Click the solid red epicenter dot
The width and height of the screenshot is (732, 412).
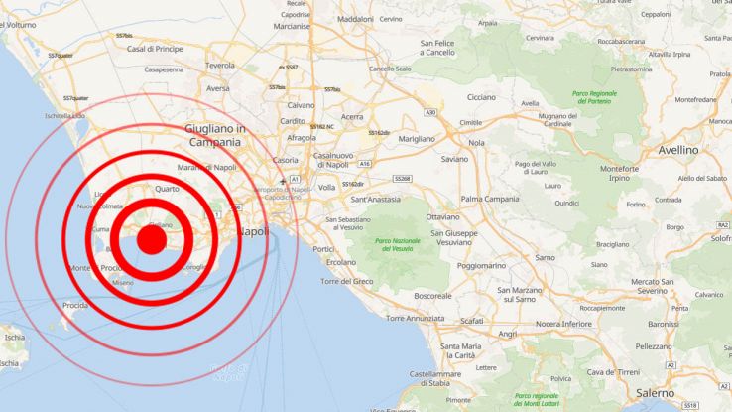[151, 238]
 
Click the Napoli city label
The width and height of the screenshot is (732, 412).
[254, 231]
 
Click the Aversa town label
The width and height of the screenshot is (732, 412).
[217, 88]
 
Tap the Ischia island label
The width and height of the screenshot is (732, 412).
[14, 338]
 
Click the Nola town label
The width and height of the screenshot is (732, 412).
[477, 143]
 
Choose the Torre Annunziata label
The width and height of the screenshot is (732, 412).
[415, 319]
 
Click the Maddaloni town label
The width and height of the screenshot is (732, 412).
[355, 19]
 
